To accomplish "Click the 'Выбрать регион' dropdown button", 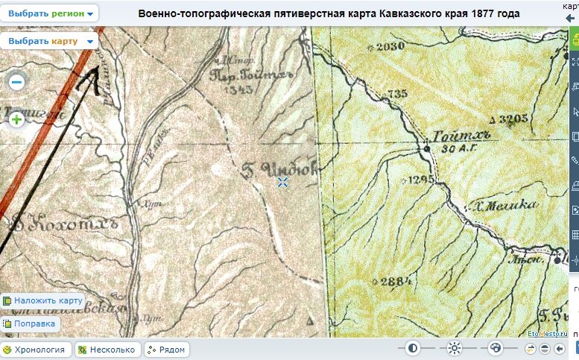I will coord(49,14).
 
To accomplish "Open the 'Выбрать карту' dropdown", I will coord(49,41).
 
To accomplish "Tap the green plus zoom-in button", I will coord(17,118).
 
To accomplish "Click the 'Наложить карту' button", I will coord(42,300).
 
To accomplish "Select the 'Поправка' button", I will coord(30,324).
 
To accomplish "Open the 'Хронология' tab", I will coord(37,349).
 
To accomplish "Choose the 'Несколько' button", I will coord(107,349).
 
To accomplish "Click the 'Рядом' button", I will coord(166,349).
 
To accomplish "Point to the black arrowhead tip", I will coord(98,66).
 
